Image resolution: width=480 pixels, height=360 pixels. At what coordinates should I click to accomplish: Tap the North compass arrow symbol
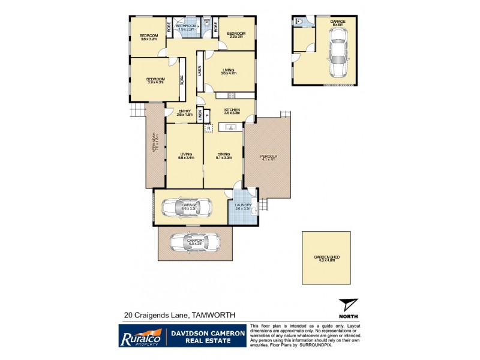[347, 304]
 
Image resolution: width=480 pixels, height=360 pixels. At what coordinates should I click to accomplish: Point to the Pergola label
[267, 158]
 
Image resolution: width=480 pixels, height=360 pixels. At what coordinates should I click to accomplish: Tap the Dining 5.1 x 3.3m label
[223, 157]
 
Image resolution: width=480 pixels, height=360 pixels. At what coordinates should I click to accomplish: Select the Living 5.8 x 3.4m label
[185, 157]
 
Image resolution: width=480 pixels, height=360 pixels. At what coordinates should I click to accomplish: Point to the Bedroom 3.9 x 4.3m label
[155, 80]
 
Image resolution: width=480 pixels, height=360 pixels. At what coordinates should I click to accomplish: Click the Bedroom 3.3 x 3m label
[236, 35]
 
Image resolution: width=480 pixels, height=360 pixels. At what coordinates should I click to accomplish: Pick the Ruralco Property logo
[140, 335]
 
